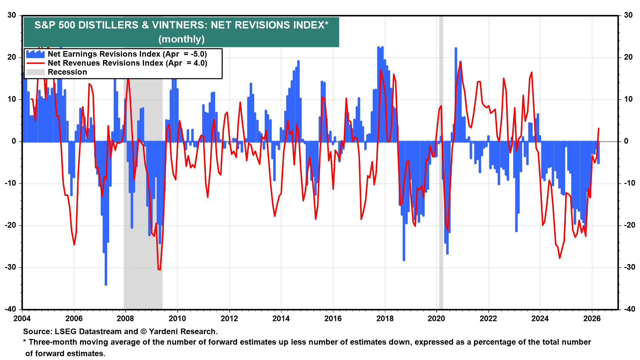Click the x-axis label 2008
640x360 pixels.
(x=125, y=318)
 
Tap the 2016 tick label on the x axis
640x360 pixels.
(x=333, y=318)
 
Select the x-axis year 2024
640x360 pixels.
(x=540, y=318)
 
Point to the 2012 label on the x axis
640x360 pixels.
(x=229, y=318)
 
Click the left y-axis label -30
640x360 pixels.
(x=12, y=267)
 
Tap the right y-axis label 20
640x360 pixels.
(x=628, y=57)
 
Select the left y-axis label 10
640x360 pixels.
(x=12, y=99)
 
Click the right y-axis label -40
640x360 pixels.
(x=628, y=309)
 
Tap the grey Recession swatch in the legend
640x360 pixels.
(x=35, y=72)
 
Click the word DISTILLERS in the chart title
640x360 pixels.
(x=108, y=25)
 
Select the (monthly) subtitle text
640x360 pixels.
(x=181, y=39)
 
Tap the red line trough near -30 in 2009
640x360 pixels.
(x=159, y=269)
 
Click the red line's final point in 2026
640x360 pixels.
(x=599, y=128)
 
